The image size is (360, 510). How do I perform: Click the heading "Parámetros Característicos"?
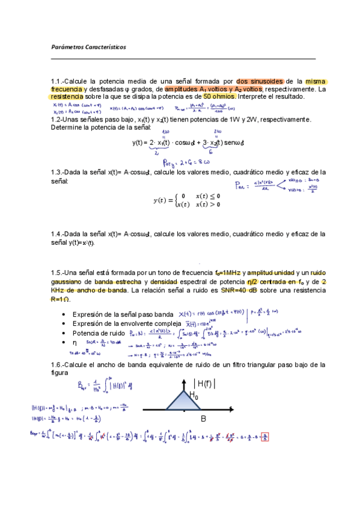tap(88, 47)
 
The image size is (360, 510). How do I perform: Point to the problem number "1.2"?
tap(58, 119)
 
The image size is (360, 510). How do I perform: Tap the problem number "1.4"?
tap(58, 234)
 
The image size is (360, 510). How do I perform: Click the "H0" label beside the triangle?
tap(194, 395)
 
